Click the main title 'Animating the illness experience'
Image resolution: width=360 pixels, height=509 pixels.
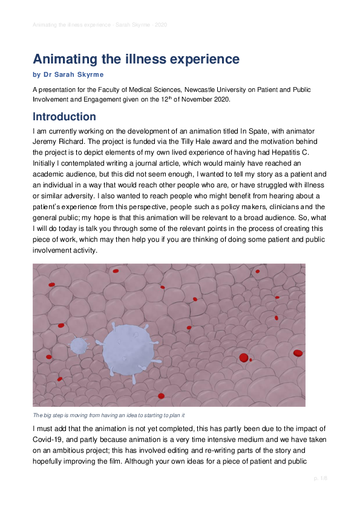[136, 59]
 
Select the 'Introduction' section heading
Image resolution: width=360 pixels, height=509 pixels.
[64, 116]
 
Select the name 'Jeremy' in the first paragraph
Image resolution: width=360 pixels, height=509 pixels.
[47, 142]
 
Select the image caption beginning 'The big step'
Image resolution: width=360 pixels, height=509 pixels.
[108, 415]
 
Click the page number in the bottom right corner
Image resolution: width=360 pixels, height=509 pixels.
[320, 478]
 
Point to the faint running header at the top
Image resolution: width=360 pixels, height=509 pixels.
[100, 25]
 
